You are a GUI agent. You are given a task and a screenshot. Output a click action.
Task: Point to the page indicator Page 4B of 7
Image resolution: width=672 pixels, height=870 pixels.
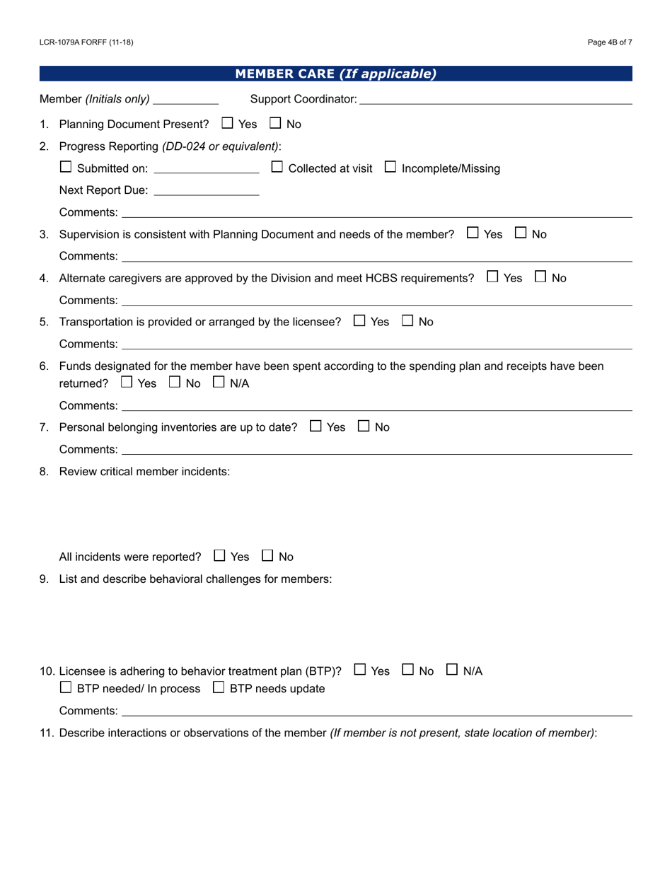click(610, 42)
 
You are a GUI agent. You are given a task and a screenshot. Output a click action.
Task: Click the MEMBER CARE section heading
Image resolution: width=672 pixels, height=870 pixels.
click(335, 74)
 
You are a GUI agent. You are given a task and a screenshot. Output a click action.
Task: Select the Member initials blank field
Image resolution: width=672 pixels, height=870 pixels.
click(186, 100)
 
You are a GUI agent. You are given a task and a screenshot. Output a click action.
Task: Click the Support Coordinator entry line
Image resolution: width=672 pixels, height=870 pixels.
click(495, 100)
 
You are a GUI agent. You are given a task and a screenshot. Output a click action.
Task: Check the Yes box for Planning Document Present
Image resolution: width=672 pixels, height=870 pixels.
click(227, 123)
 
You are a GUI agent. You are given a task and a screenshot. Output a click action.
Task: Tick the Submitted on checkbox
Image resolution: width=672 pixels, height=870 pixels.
click(66, 168)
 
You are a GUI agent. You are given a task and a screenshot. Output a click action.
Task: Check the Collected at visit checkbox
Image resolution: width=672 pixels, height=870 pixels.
click(277, 168)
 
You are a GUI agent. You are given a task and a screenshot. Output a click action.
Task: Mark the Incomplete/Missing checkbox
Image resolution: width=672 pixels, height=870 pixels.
click(390, 168)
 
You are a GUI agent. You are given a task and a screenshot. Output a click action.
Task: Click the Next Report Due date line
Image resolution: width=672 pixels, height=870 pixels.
click(206, 191)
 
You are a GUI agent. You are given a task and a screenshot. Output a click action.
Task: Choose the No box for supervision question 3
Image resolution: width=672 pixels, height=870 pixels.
click(521, 233)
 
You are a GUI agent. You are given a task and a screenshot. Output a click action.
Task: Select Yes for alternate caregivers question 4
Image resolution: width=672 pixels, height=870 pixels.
click(493, 277)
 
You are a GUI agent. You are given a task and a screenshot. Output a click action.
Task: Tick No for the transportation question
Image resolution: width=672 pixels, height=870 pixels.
click(407, 320)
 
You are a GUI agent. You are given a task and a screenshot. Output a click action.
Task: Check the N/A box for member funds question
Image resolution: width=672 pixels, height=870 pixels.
click(219, 383)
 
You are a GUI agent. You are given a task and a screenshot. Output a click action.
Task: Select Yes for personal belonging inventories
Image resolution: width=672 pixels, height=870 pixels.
click(315, 427)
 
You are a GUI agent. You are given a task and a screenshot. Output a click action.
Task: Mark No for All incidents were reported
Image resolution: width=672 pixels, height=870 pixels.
click(268, 556)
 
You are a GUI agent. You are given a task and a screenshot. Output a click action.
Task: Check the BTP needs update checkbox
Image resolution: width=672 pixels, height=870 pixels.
click(219, 688)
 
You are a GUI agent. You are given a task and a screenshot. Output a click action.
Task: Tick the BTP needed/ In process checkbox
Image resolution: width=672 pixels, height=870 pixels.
click(66, 688)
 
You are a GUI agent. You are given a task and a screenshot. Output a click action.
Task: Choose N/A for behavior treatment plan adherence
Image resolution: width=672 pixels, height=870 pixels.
click(452, 670)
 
